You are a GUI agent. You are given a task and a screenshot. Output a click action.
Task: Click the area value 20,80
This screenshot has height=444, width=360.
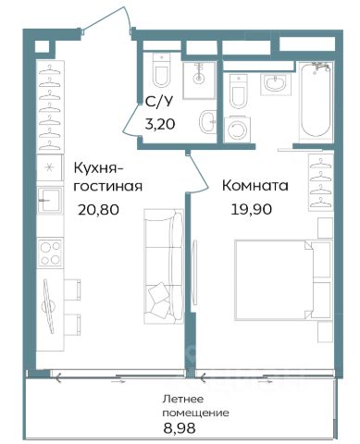98,210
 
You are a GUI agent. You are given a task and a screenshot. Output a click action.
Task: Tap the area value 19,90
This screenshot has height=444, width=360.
252,209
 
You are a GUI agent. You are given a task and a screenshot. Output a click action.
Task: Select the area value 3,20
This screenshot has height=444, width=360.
160,124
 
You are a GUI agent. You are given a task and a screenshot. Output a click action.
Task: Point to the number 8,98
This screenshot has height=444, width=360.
180,428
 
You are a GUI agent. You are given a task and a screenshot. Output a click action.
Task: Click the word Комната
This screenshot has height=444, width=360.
255,186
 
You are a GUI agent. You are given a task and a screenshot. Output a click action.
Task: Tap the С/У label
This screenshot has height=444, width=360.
159,102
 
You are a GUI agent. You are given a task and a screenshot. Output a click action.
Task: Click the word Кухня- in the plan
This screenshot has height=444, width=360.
98,168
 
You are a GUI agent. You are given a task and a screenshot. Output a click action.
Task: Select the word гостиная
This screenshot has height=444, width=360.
108,186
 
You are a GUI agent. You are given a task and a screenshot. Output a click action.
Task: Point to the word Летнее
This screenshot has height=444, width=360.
183,399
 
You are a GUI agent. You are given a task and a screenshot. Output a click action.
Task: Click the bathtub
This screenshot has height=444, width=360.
316,101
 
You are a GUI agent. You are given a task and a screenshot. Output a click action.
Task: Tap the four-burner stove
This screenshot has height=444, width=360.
50,253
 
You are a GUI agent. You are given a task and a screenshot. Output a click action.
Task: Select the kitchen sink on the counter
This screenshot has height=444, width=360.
50,200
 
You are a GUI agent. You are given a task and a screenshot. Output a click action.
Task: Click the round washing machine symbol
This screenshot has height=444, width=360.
237,129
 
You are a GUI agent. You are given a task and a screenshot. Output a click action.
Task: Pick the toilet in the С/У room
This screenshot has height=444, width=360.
161,70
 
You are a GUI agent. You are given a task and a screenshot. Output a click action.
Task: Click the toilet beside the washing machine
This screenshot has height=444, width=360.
239,92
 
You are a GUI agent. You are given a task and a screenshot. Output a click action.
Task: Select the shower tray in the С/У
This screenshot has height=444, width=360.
199,80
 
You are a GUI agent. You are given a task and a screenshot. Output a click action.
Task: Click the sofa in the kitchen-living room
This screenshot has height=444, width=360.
164,266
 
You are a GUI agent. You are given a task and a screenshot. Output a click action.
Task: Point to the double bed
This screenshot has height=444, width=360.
283,280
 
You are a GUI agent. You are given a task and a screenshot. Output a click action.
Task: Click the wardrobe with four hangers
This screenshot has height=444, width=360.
321,182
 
